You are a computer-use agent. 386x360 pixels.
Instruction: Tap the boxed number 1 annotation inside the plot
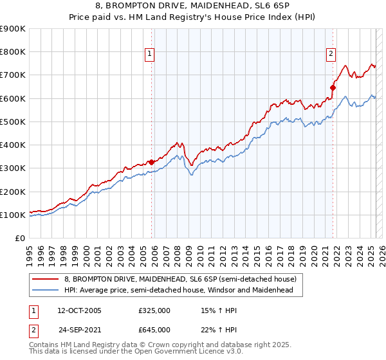(x=149, y=55)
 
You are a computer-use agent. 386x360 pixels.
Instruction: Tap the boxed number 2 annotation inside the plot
(x=331, y=55)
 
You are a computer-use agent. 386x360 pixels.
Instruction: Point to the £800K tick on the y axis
(x=13, y=52)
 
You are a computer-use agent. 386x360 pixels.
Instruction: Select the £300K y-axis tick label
(x=13, y=168)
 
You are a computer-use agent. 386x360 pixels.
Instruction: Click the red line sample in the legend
(x=46, y=280)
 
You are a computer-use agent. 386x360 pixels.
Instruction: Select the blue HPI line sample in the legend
(x=46, y=291)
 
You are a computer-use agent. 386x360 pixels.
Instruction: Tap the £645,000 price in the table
(x=154, y=330)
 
